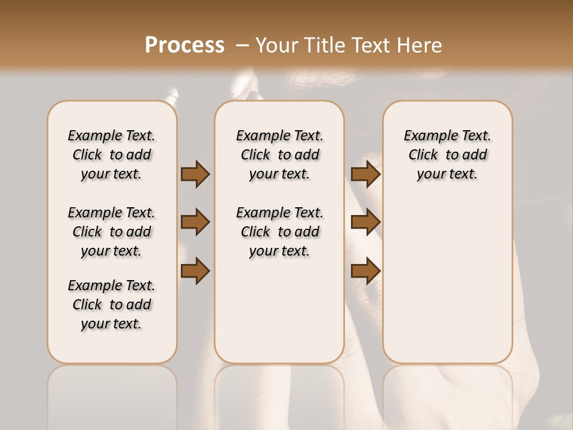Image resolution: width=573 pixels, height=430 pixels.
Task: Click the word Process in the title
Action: [x=184, y=45]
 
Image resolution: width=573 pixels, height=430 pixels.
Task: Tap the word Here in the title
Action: [x=418, y=45]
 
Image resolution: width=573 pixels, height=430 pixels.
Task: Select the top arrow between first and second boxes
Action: [x=195, y=174]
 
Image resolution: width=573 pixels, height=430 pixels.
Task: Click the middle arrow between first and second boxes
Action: [x=195, y=223]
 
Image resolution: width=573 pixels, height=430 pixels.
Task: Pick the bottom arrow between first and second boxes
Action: [x=195, y=271]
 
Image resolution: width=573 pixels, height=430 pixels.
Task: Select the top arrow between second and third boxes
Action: [x=365, y=174]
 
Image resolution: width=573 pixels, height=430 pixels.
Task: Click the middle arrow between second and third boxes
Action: [x=365, y=223]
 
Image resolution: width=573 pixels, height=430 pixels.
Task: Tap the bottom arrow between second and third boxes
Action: [x=365, y=271]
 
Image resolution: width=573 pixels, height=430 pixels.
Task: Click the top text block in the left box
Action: [x=112, y=155]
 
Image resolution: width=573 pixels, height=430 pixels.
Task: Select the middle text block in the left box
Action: [x=112, y=232]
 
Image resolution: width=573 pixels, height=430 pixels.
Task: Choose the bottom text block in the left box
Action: [x=112, y=305]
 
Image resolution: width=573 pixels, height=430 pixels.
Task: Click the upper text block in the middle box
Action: [x=279, y=155]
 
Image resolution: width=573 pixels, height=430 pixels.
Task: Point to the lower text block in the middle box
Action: [x=279, y=232]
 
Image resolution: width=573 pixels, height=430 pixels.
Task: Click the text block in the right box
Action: [x=447, y=155]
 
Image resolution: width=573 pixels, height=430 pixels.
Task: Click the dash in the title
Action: [x=242, y=45]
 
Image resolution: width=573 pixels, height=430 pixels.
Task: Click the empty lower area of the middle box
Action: [x=279, y=311]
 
